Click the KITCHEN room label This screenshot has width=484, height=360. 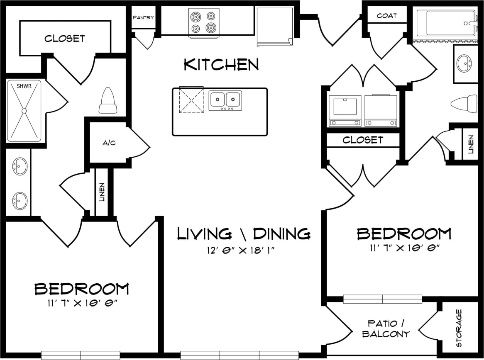tap(221, 65)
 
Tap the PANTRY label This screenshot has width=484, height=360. tap(143, 17)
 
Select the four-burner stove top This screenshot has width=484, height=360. tap(204, 22)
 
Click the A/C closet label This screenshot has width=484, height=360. tap(109, 143)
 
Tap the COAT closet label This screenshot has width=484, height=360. tap(386, 16)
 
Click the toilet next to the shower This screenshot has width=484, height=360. tap(108, 101)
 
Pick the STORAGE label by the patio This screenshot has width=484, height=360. tap(459, 328)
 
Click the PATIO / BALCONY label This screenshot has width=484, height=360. tap(386, 328)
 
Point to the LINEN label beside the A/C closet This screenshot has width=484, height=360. tap(102, 192)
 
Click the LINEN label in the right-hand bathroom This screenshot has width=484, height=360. tap(471, 144)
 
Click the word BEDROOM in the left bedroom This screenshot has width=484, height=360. tap(82, 289)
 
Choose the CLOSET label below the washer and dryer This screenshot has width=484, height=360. tap(362, 140)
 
